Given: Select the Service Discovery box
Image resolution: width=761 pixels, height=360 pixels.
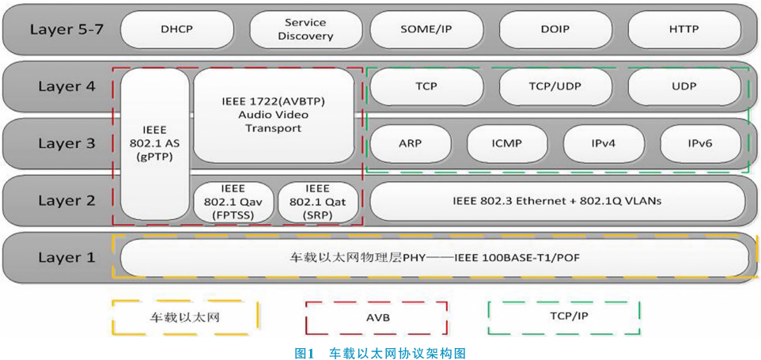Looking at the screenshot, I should (309, 29).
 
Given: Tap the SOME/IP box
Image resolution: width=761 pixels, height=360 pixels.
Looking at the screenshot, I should (426, 29).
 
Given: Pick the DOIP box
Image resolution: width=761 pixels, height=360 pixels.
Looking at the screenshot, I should (551, 29).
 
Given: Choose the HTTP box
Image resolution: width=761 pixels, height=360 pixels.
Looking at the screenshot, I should (683, 29).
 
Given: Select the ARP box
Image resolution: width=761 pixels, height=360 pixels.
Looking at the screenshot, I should (410, 143).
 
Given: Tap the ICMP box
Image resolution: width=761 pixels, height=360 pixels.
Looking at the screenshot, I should (506, 143).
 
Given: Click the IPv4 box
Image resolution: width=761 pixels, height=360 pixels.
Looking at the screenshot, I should (604, 143).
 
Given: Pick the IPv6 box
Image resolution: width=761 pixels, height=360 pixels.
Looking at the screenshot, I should (701, 143).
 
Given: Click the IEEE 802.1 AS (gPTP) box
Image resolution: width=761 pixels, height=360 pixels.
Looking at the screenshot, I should (155, 143).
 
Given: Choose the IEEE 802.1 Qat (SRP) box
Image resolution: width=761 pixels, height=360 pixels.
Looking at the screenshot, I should (316, 201).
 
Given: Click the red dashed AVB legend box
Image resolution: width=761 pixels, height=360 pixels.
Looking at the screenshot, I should (377, 318).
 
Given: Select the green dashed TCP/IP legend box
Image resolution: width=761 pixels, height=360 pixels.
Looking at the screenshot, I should (563, 318).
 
